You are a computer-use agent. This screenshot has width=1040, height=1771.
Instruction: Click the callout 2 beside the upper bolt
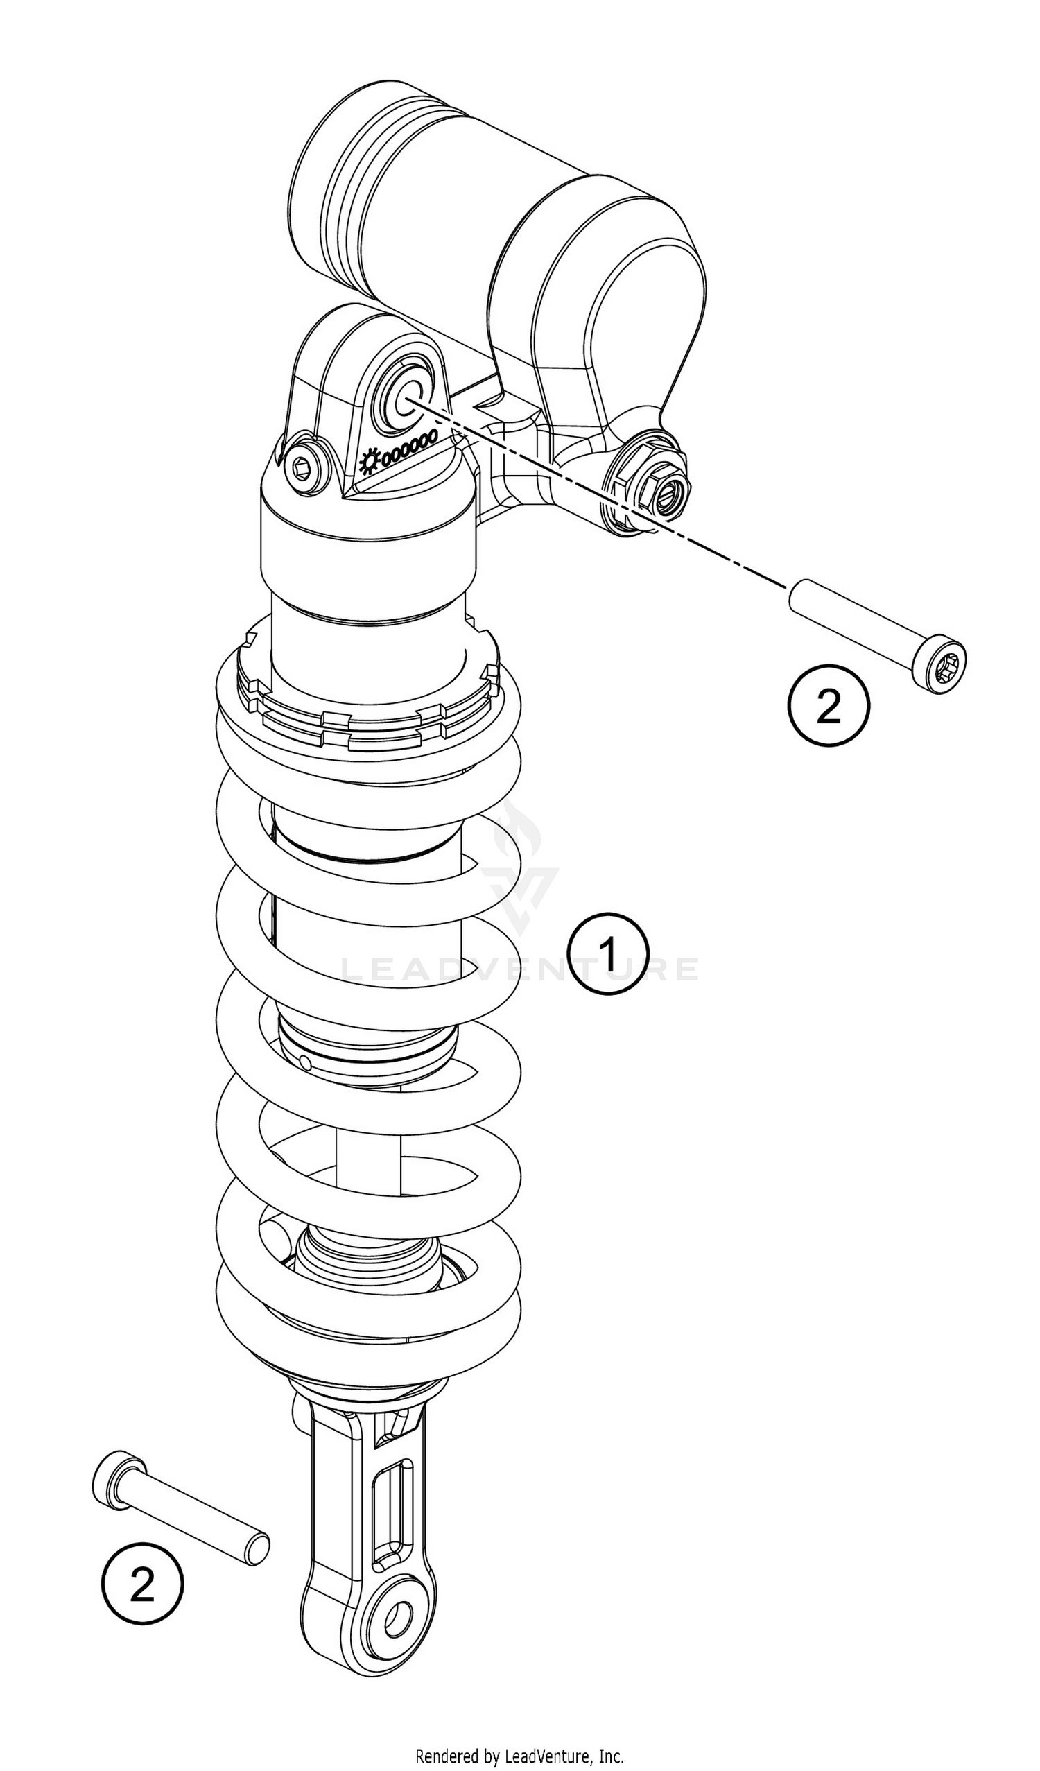829,706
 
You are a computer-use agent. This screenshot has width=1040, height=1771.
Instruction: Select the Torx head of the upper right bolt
940,663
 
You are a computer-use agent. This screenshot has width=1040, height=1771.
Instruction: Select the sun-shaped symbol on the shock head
369,462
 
